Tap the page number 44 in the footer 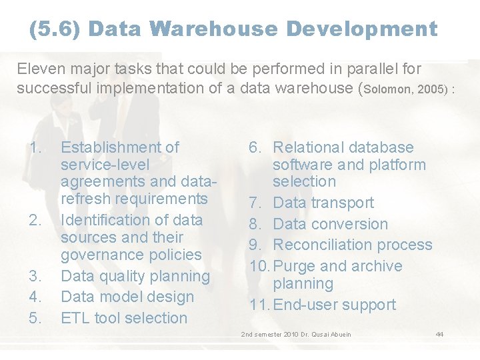(x=439, y=333)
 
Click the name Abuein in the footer (x=339, y=333)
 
